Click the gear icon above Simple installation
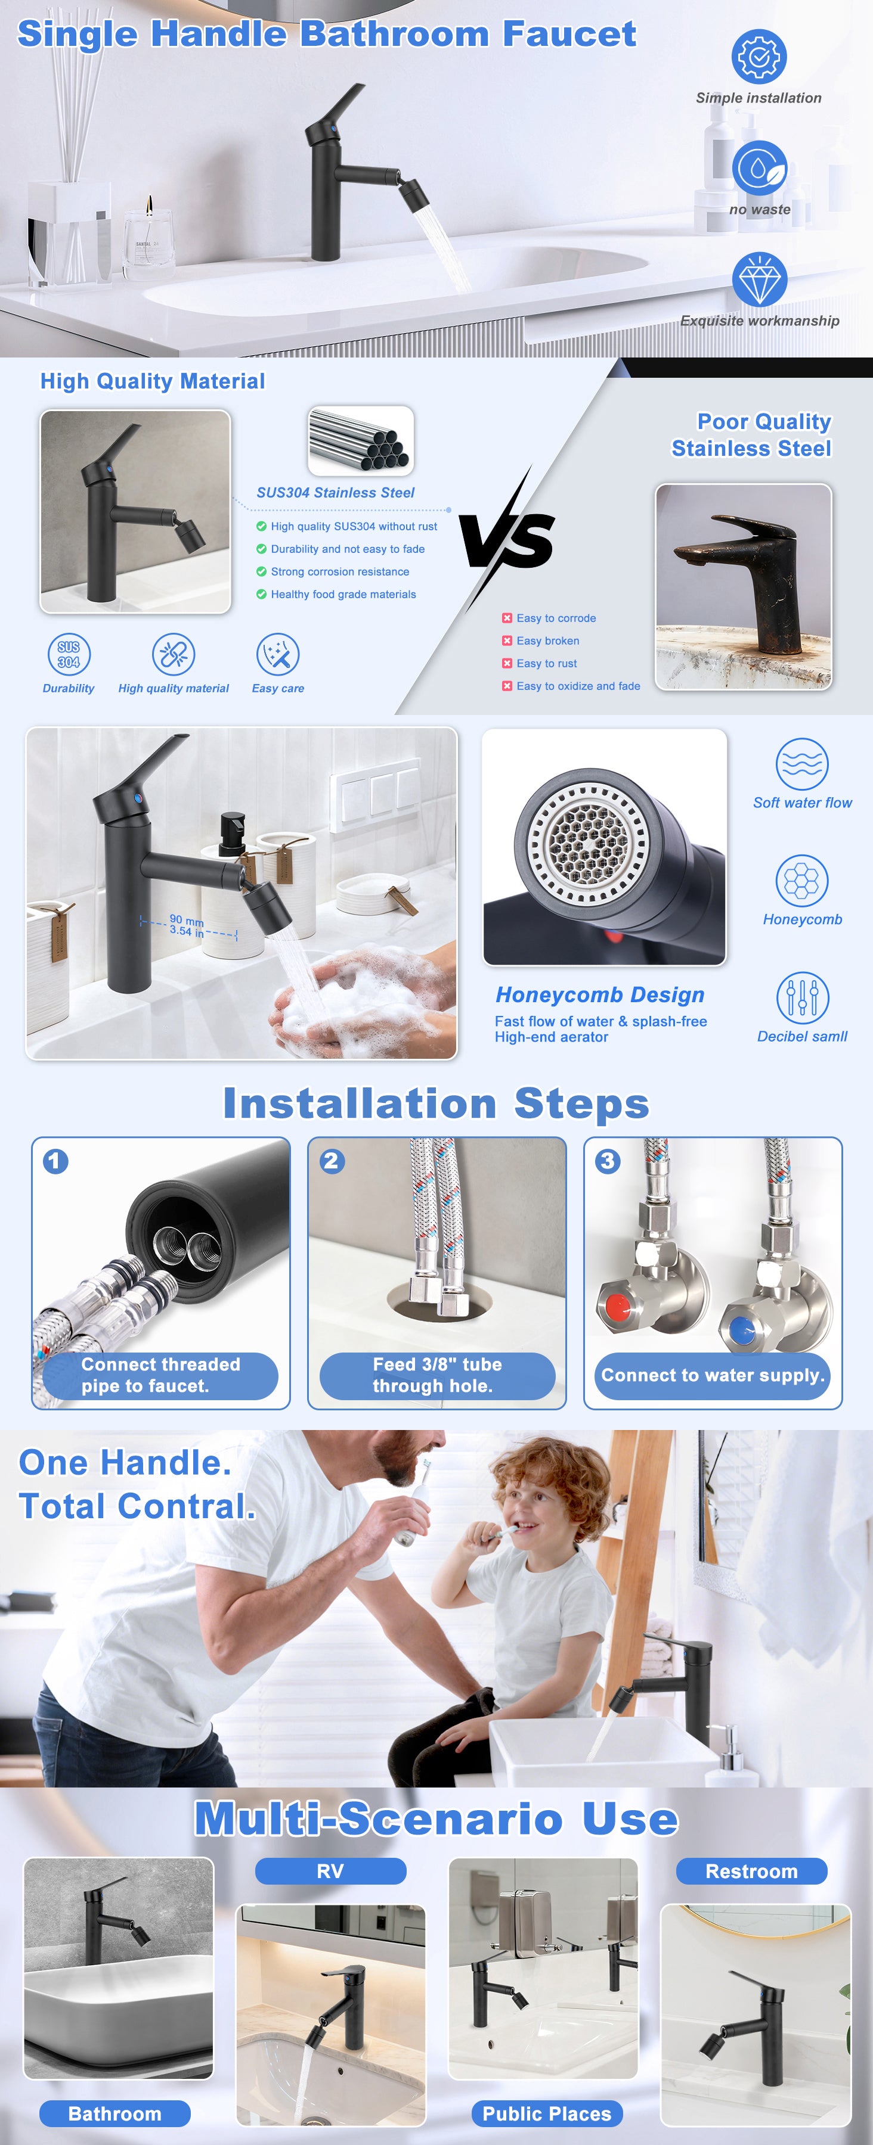pyautogui.click(x=759, y=56)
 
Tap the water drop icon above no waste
pyautogui.click(x=759, y=168)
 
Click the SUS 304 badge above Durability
pyautogui.click(x=69, y=654)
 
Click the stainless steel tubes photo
pyautogui.click(x=361, y=440)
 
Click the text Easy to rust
pyautogui.click(x=546, y=664)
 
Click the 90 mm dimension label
pyautogui.click(x=187, y=920)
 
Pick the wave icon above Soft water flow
pyautogui.click(x=801, y=764)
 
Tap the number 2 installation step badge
pyautogui.click(x=332, y=1161)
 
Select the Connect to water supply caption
pyautogui.click(x=713, y=1376)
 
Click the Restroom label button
pyautogui.click(x=751, y=1871)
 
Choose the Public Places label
pyautogui.click(x=546, y=2113)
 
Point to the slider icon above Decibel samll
pyautogui.click(x=801, y=997)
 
